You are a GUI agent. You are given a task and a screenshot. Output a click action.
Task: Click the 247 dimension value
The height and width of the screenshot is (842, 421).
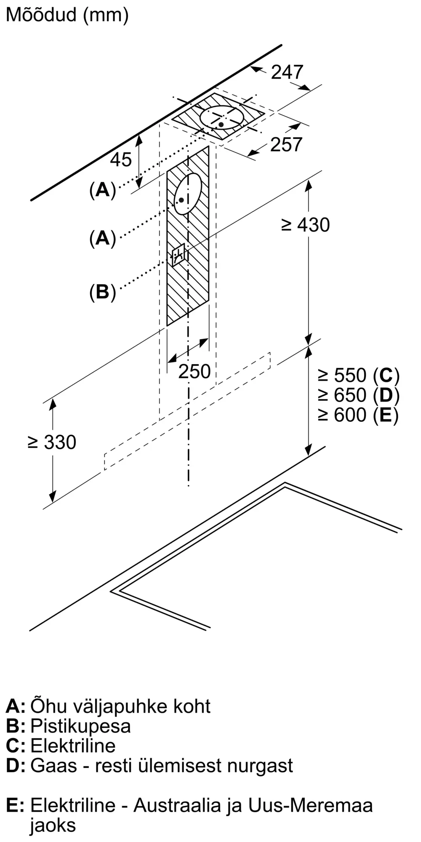(287, 72)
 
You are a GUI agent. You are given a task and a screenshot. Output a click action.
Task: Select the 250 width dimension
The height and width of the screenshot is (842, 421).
(194, 371)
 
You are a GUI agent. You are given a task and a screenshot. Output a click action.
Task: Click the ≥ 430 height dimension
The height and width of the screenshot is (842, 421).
(305, 225)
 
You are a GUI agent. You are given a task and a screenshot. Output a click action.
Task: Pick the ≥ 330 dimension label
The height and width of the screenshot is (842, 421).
(52, 442)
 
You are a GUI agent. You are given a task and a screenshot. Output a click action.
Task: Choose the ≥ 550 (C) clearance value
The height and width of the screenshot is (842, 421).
(358, 375)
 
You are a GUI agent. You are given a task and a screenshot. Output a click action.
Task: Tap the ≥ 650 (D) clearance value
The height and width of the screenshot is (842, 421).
(358, 395)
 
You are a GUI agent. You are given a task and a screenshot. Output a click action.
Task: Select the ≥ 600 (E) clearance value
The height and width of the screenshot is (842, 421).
(358, 415)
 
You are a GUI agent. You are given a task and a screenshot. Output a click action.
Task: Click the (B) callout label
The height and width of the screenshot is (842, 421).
(102, 292)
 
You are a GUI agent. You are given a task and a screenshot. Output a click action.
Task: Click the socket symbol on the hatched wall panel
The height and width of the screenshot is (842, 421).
(178, 255)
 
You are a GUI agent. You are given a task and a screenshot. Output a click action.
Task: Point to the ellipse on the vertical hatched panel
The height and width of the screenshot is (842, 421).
(188, 194)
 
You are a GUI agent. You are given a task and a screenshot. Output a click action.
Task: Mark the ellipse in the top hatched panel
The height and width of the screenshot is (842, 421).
(221, 118)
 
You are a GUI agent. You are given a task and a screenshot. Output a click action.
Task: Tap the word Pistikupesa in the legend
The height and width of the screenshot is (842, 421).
(80, 726)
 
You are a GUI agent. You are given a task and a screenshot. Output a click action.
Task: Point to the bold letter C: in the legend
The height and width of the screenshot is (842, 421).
(16, 746)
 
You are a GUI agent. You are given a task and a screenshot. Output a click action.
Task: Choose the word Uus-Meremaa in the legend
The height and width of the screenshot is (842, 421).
(310, 805)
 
